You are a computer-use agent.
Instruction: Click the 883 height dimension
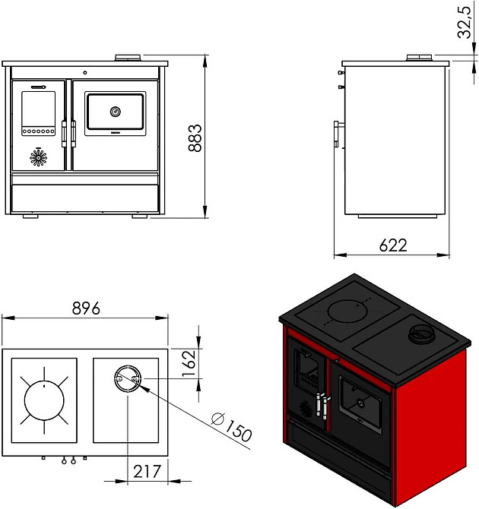(x=195, y=138)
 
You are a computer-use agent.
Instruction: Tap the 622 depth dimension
(x=393, y=245)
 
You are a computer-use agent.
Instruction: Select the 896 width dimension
(x=86, y=308)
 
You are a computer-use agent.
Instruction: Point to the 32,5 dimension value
(x=464, y=22)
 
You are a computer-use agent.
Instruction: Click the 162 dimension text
(x=189, y=363)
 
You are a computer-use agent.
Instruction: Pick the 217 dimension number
(x=147, y=471)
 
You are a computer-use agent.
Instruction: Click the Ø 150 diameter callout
(x=231, y=426)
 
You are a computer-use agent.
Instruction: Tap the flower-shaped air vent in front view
(x=38, y=158)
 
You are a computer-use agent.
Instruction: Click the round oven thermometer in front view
(x=116, y=112)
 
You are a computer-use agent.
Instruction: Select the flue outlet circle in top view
(x=128, y=378)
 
